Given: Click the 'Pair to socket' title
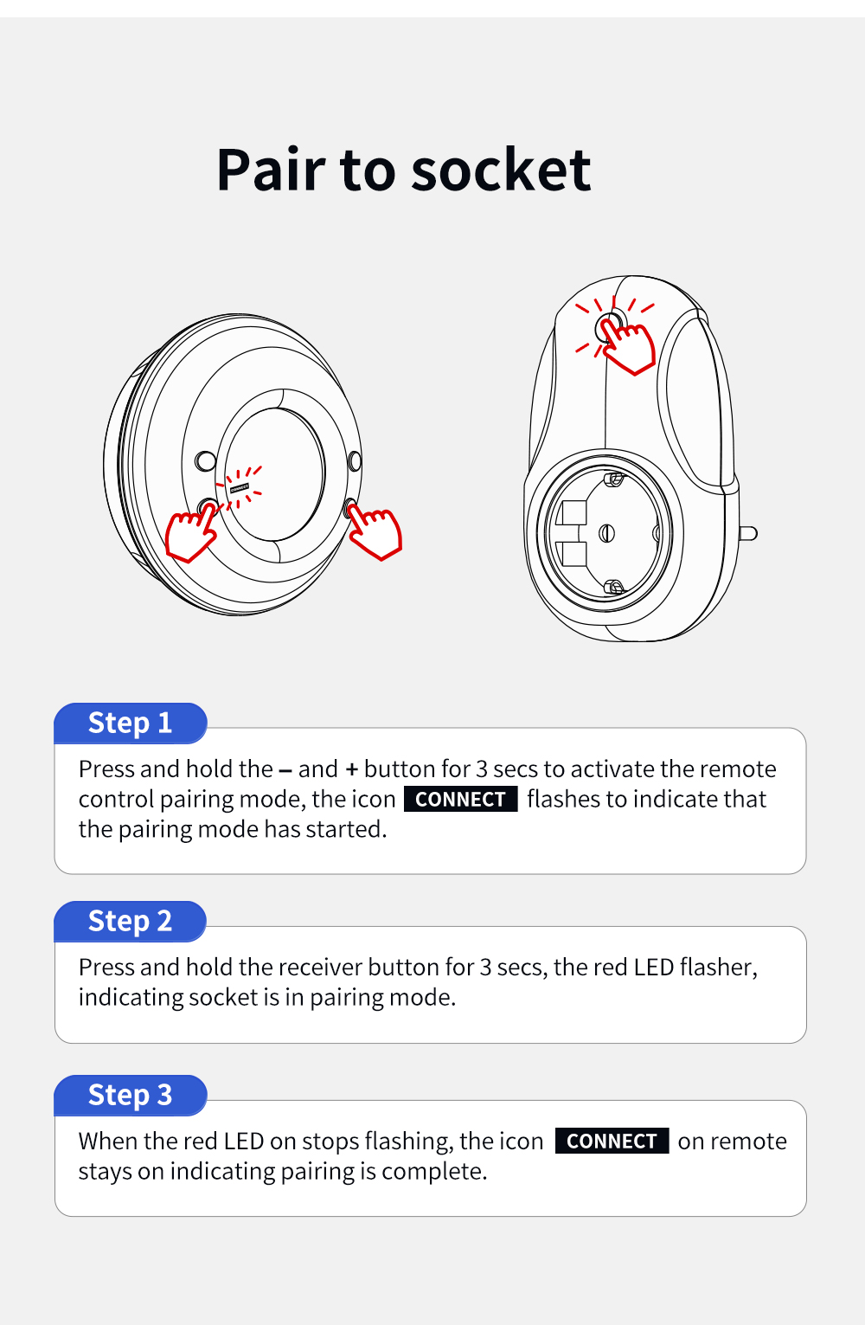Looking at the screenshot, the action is (x=404, y=170).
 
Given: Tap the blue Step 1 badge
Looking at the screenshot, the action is (x=130, y=723).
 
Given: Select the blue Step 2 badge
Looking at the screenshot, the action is (x=130, y=921).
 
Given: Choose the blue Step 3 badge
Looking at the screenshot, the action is (x=130, y=1095).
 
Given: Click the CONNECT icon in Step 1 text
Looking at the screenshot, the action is (x=460, y=799).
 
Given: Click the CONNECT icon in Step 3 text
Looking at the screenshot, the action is (x=612, y=1141).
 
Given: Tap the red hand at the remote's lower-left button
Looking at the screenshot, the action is (x=191, y=533).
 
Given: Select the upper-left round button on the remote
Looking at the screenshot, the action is (x=206, y=460).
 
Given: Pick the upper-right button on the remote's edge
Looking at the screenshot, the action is (x=354, y=460).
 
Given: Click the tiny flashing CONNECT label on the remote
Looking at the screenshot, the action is (x=240, y=488).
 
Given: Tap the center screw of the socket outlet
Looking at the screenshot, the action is (x=606, y=533).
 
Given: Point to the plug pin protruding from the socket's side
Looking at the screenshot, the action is (x=748, y=534).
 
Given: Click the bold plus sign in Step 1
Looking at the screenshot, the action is (x=352, y=769).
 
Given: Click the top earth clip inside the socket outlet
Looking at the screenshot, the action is (x=614, y=478).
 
